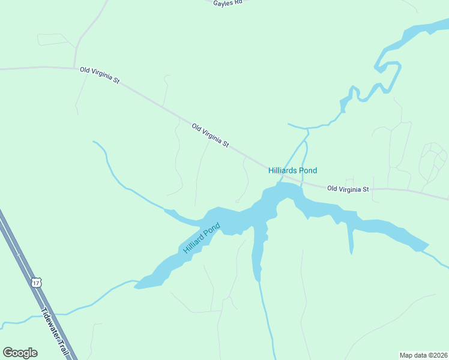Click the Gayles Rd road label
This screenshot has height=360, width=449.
point(227,3)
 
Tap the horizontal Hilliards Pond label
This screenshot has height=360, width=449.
point(292,170)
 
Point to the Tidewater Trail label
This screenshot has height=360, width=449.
point(54,332)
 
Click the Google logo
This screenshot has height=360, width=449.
point(20,353)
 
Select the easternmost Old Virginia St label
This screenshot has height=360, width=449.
point(349,189)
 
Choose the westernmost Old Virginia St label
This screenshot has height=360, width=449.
point(100,70)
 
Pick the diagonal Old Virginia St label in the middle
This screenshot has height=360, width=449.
point(211,136)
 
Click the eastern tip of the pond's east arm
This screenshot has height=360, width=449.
point(427,245)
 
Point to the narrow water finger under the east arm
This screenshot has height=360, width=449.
point(351,240)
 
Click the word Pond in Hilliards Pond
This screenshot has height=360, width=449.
point(307,170)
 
